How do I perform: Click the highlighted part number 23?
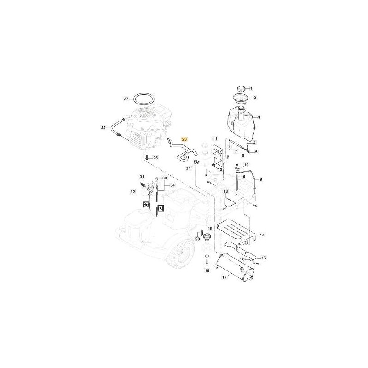coord(185,140)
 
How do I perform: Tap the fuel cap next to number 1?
coord(241,89)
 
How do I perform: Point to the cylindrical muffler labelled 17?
coord(235,267)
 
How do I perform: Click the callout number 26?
coord(103,128)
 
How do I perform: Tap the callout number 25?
coord(155,158)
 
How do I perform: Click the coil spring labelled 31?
coord(142,184)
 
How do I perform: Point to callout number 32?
coord(132,192)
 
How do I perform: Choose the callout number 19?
coord(210,228)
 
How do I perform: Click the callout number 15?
coord(264,258)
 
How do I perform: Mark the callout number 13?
coord(225,192)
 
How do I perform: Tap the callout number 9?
coord(261,179)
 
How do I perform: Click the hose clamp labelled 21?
coord(196,161)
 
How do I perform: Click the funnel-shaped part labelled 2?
coord(239,98)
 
